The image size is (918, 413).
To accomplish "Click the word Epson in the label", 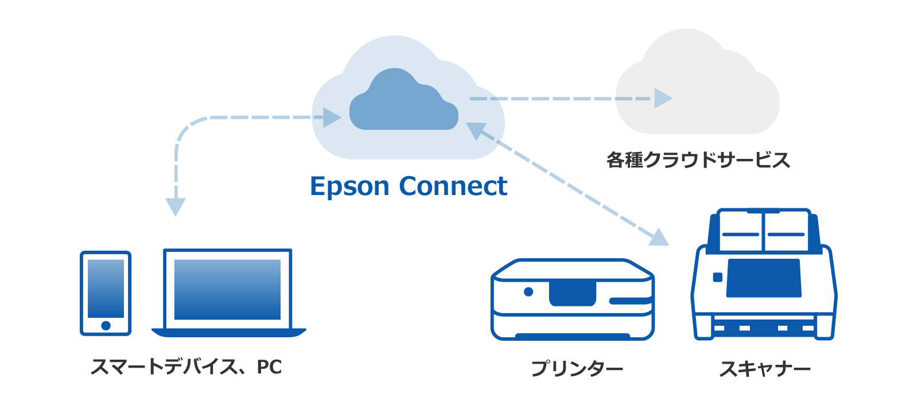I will coord(349,187).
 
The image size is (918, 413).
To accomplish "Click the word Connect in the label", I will coord(453,186).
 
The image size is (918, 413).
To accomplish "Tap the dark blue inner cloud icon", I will coord(403,102).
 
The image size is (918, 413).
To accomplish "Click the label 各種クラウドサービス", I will coord(698,160).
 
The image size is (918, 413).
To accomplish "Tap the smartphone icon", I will coord(106,293).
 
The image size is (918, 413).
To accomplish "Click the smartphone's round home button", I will coord(106,326).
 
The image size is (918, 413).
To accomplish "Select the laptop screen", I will coord(227,289).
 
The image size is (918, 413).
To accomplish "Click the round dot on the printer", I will coord(528,292).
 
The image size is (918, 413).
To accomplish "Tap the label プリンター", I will coord(577,368).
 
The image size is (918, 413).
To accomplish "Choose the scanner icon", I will coord(764,275).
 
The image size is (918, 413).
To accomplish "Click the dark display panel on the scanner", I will coord(764,278).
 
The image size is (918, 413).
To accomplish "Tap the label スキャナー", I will coord(765,369).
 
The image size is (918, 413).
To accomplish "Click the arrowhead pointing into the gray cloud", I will coord(662,99).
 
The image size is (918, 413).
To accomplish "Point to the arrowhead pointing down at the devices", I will coord(176,206).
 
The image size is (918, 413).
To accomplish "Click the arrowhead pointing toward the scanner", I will coord(660,237).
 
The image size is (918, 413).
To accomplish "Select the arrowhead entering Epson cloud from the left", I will coord(332,118).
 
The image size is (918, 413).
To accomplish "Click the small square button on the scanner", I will coord(717,278).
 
